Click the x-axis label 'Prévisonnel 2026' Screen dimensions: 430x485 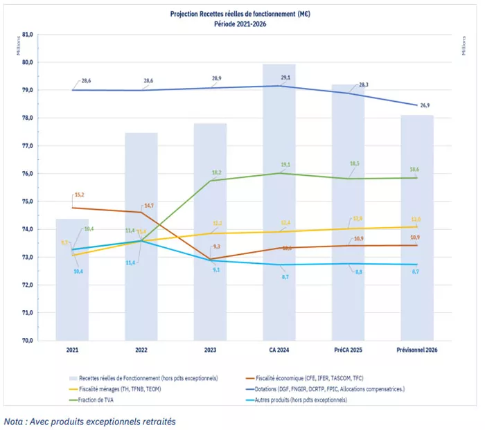tap(416, 351)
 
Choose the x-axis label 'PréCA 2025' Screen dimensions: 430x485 tap(348, 351)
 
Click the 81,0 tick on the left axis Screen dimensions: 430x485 tap(28, 34)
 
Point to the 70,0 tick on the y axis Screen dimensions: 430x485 tap(28, 341)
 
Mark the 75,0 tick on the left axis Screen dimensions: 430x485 tap(28, 201)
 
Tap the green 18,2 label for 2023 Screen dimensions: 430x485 tap(217, 172)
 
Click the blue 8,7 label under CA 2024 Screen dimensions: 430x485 tap(285, 277)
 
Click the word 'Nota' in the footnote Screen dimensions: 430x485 tap(15, 420)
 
